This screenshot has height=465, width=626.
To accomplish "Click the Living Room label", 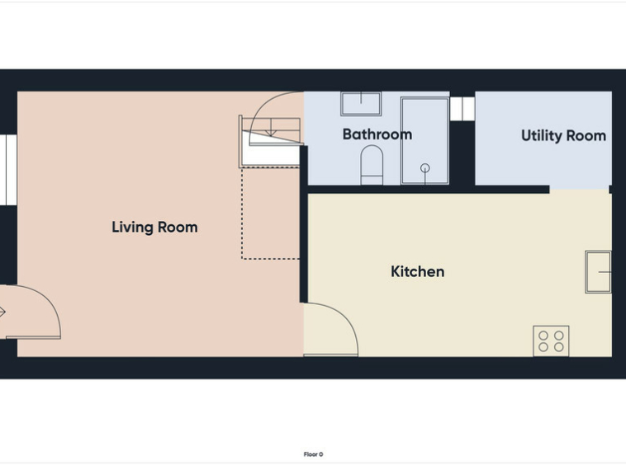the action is tap(154, 227).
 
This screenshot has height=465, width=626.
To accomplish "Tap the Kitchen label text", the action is tap(417, 272).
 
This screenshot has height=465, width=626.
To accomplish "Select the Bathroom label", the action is tap(377, 134).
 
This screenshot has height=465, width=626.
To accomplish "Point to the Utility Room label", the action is tap(563, 136).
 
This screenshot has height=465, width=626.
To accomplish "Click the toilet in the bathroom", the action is tap(372, 165).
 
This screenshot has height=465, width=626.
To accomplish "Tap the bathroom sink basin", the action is tap(361, 104).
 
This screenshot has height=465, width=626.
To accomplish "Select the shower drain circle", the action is tap(425, 168).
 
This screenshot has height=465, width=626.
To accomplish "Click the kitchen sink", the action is tap(598, 272).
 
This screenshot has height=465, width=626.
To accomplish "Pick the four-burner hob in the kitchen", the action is tap(551, 341).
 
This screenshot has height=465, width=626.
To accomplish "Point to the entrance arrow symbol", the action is tap(2, 312).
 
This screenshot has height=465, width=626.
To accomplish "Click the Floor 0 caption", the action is tap(313, 454).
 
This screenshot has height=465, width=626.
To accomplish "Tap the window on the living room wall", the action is tap(8, 170).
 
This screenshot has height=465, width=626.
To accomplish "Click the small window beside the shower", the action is tap(462, 109).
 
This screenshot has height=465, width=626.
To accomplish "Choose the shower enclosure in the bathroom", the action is tap(424, 141).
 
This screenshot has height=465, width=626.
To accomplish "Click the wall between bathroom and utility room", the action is tap(462, 153).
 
